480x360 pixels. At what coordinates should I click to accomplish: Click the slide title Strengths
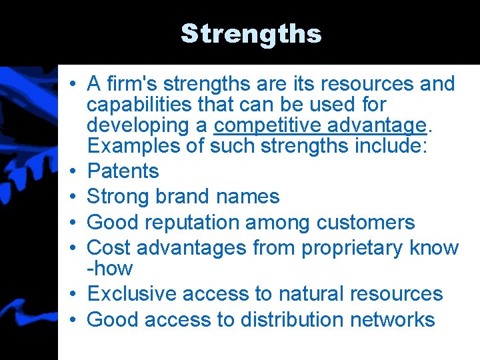[251, 33]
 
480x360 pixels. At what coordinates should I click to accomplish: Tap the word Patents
[123, 171]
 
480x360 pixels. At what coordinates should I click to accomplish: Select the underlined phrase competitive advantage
[319, 125]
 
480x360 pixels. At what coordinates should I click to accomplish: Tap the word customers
[365, 223]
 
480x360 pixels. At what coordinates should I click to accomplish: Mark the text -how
[110, 269]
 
